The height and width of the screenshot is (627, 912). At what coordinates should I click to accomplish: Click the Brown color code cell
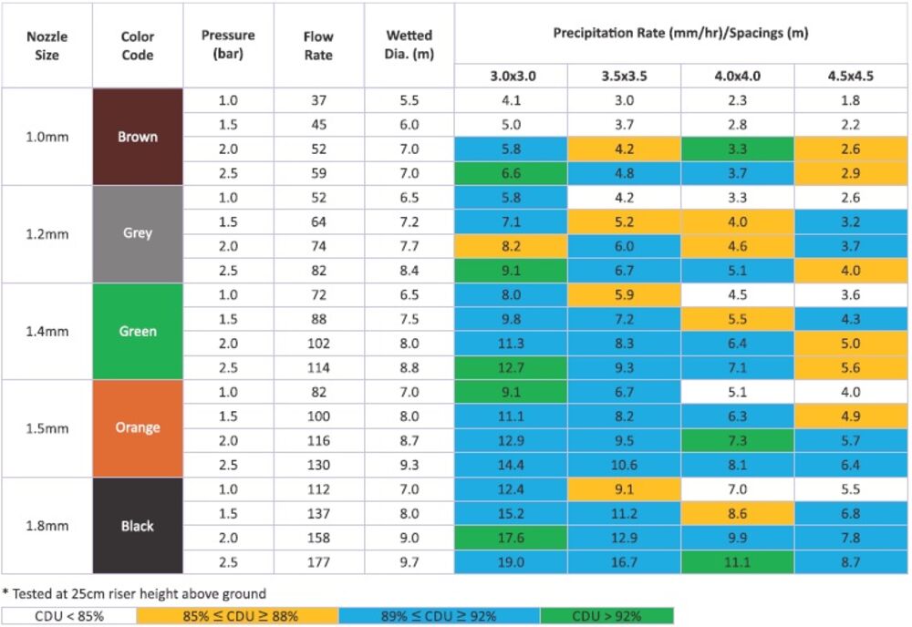(x=138, y=137)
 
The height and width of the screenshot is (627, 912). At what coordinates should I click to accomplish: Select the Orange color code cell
(x=138, y=428)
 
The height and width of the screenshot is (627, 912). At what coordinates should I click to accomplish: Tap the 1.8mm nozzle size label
(x=47, y=526)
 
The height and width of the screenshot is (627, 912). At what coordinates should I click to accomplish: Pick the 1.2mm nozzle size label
(x=47, y=234)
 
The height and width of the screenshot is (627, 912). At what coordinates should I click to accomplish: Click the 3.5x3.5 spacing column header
(x=624, y=77)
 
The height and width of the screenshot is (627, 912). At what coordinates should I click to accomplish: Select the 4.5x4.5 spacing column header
(x=850, y=77)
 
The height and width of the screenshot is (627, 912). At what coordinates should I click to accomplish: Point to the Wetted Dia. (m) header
(x=409, y=45)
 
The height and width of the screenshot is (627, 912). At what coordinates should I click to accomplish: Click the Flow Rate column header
(x=318, y=46)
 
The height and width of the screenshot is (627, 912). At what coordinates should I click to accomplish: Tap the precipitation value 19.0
(x=511, y=562)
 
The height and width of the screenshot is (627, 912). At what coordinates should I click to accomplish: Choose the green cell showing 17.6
(x=511, y=538)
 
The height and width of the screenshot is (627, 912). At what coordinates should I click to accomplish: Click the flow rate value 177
(x=318, y=562)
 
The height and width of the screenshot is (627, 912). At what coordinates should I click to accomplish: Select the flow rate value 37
(x=318, y=100)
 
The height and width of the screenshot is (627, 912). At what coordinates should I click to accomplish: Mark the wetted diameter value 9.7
(x=409, y=562)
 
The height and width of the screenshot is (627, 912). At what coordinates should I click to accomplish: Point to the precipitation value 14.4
(x=511, y=465)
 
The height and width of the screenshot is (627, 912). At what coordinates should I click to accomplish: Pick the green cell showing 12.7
(x=511, y=367)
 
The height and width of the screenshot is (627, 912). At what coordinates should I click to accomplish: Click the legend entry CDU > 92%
(x=606, y=616)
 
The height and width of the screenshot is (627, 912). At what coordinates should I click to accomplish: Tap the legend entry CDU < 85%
(x=69, y=616)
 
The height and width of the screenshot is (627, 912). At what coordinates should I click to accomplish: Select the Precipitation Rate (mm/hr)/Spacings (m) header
(x=680, y=33)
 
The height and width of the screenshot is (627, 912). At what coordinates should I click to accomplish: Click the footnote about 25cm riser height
(x=134, y=594)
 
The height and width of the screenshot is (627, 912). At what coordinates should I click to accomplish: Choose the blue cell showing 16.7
(x=624, y=562)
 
